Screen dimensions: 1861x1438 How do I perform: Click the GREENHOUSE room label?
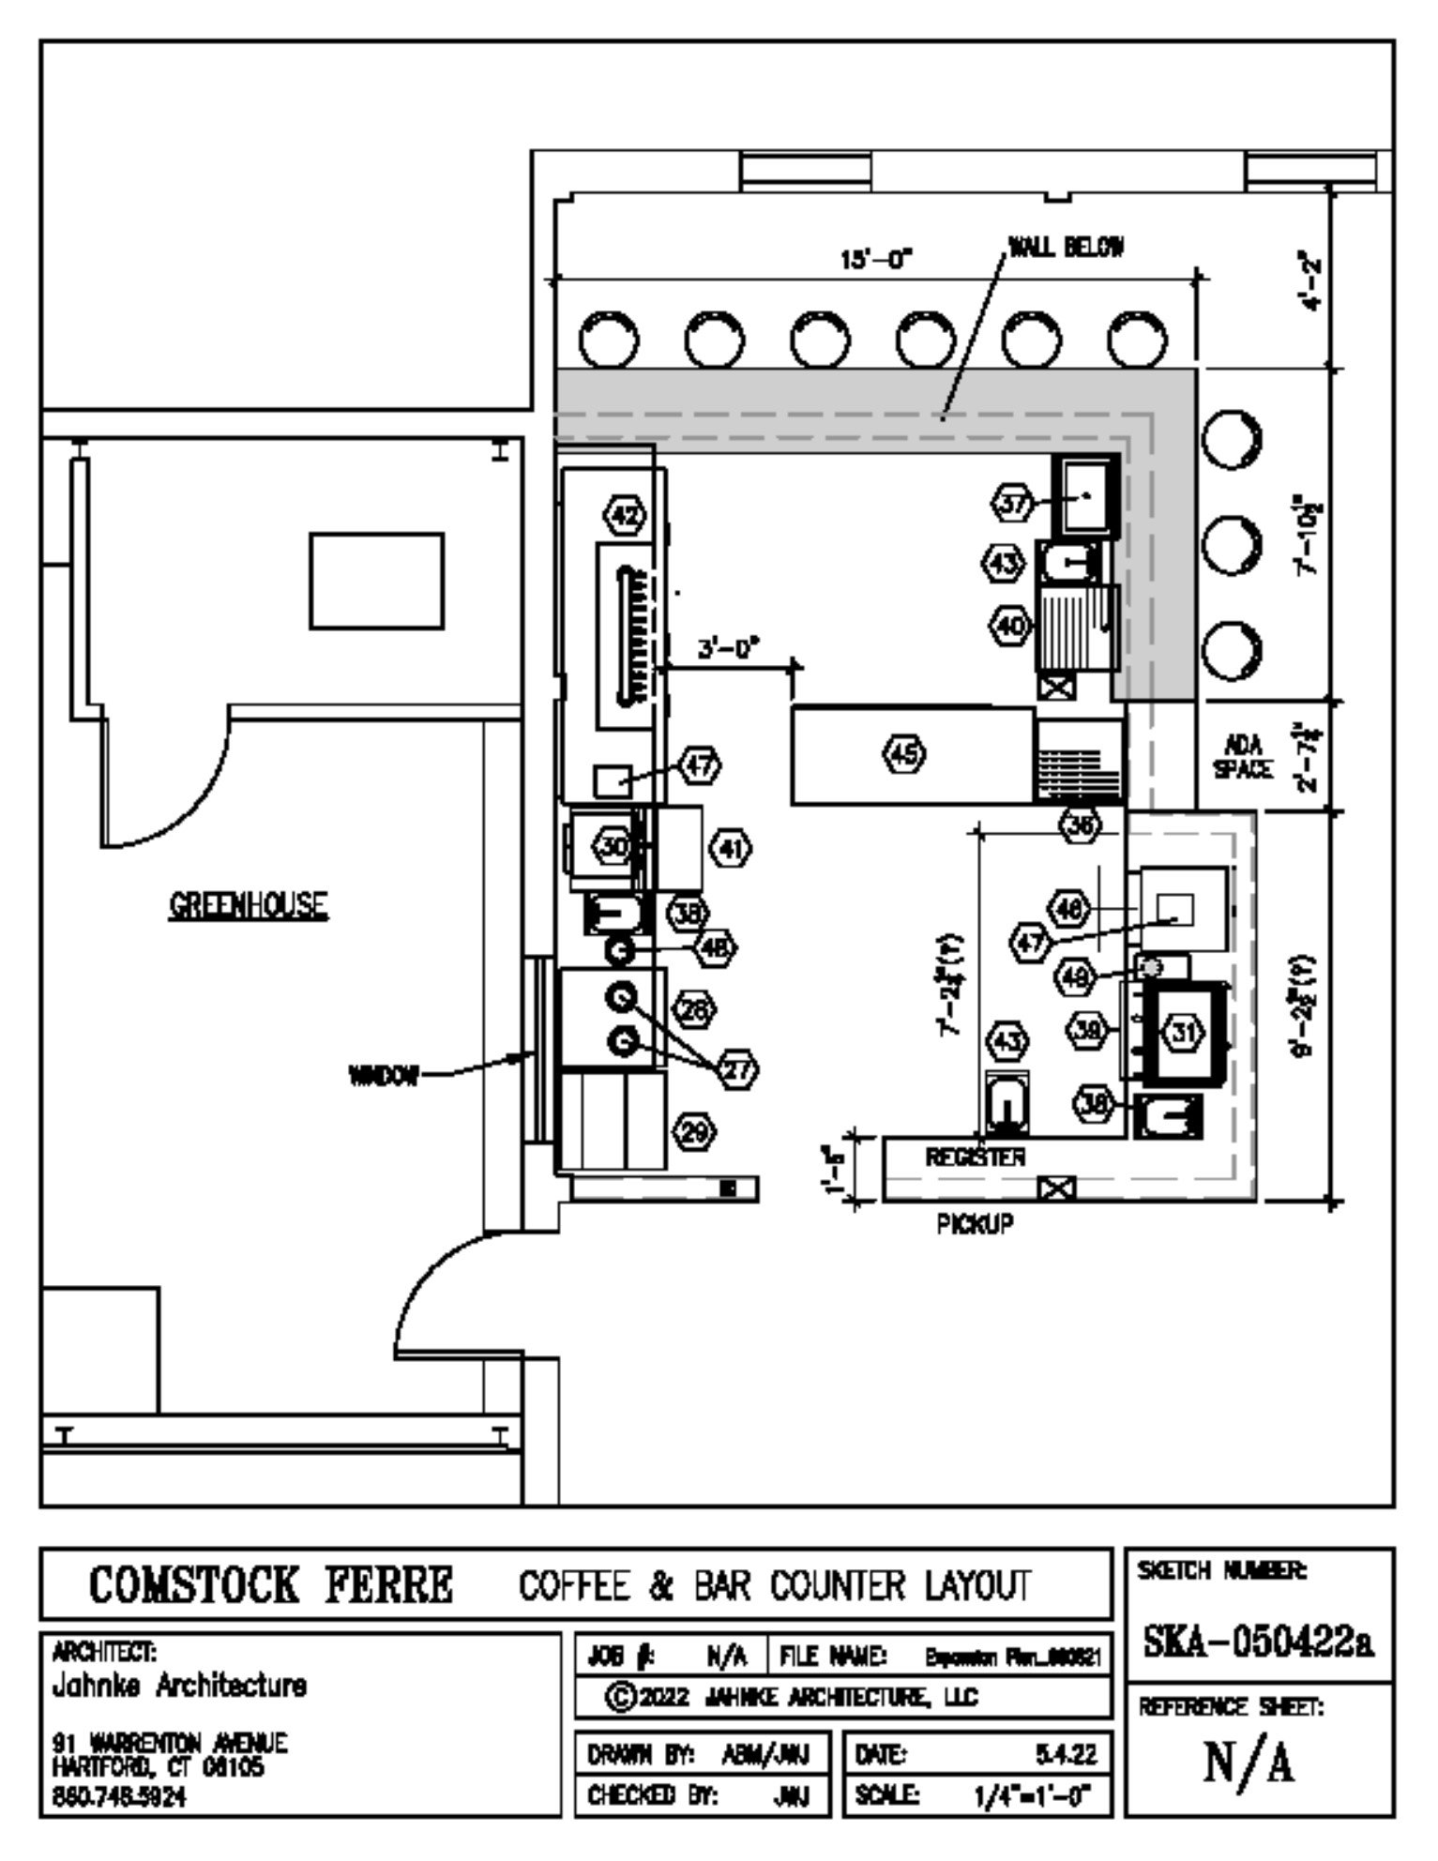coord(249,906)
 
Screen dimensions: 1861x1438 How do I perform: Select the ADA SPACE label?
coord(1244,758)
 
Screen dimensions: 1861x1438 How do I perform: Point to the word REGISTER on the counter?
coord(976,1157)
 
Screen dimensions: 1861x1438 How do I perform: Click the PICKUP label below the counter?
coord(975,1224)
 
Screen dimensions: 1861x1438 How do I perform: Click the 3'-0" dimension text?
coord(728,649)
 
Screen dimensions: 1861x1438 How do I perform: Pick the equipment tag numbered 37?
coord(1013,503)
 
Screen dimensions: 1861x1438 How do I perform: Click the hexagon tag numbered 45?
coord(904,753)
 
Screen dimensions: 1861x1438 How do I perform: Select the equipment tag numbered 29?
coord(694,1132)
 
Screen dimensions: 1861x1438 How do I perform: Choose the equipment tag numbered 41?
coord(731,850)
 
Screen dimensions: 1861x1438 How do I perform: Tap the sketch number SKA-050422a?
coord(1259,1666)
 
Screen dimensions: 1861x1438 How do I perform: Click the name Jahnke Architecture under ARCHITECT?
coord(178,1686)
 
